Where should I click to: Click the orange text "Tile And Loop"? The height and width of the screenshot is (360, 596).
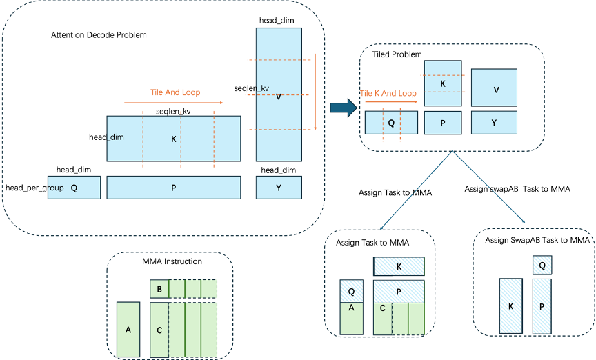click(x=175, y=92)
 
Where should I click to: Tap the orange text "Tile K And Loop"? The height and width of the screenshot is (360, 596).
click(x=388, y=93)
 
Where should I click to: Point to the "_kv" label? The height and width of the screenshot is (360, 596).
click(x=263, y=88)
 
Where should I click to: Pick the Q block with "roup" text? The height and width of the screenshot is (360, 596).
click(x=74, y=188)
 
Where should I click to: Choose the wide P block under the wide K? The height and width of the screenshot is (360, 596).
click(x=173, y=188)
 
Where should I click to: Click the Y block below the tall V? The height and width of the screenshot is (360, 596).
click(x=279, y=188)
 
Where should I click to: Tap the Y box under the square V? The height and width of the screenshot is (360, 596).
click(x=494, y=123)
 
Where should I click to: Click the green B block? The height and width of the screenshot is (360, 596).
click(x=159, y=289)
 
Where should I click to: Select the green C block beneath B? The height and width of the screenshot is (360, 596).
click(x=159, y=330)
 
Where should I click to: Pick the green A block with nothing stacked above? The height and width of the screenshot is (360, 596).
click(x=128, y=330)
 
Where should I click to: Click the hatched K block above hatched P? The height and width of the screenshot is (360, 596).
click(x=399, y=267)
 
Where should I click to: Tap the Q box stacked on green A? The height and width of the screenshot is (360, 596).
click(x=351, y=291)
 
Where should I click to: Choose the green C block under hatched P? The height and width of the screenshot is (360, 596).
click(x=383, y=319)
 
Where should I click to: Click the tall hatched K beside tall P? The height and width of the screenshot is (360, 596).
click(x=510, y=306)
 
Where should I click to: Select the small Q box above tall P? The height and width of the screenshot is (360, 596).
click(x=542, y=265)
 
